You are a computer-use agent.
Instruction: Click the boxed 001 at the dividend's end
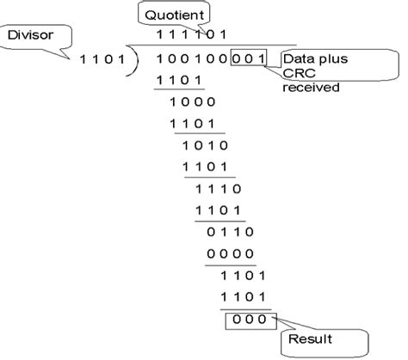point(250,59)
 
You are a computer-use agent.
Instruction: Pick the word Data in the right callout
point(299,58)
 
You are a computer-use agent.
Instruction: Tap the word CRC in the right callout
point(298,72)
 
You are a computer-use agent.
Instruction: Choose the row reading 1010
point(203,145)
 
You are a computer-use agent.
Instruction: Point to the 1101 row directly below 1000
point(190,124)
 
